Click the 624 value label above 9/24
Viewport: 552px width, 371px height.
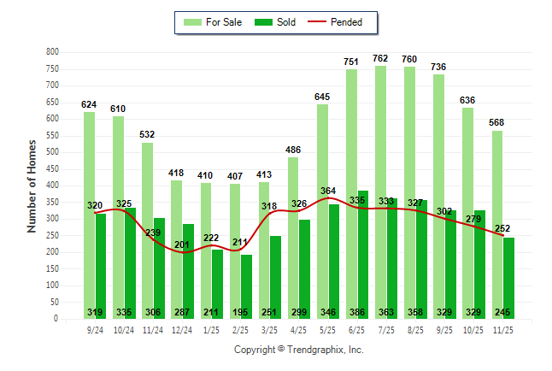coord(89,104)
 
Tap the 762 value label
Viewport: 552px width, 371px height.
coord(380,58)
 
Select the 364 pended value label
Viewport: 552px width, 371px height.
coord(328,191)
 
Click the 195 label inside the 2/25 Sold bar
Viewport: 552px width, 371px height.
coord(245,312)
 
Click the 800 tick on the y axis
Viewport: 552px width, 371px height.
coord(52,52)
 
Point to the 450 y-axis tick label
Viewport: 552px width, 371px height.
coord(52,169)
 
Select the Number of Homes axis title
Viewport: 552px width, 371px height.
coord(32,185)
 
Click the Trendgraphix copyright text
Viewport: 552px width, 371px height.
coord(299,350)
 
